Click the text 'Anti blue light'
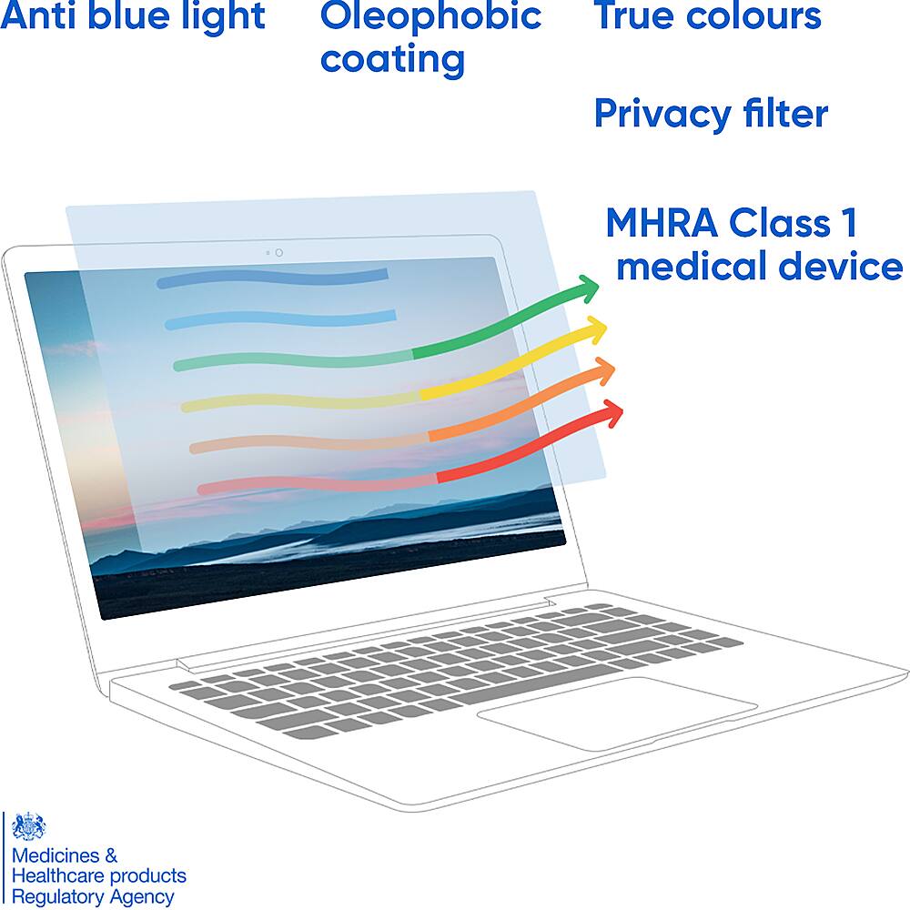pos(133,16)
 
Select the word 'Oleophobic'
pos(430,15)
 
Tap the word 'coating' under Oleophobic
pos(392,60)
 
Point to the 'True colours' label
pos(707,15)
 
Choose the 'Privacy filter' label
pos(711,115)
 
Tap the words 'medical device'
pos(759,268)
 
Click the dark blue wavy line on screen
pos(273,278)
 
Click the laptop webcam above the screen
pos(278,252)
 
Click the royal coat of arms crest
pos(29,827)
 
